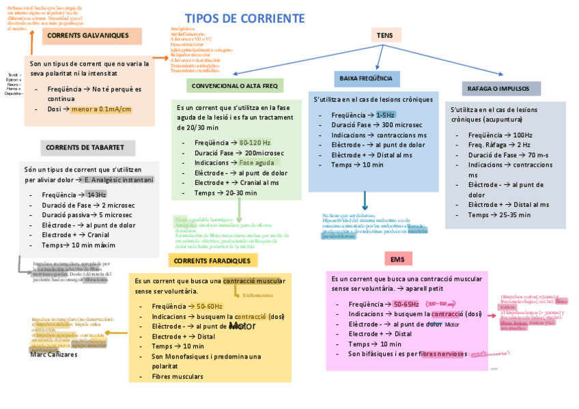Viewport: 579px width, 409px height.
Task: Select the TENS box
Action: click(x=380, y=36)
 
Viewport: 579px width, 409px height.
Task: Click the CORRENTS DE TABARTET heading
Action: click(x=85, y=147)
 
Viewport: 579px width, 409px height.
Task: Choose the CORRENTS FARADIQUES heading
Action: click(x=212, y=261)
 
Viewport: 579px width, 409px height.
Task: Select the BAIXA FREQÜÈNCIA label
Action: click(x=366, y=79)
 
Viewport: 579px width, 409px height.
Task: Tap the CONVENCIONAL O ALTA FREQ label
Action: click(x=234, y=86)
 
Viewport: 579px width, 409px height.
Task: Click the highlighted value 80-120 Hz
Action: click(x=255, y=143)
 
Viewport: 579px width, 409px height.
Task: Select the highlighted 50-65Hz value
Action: click(x=406, y=304)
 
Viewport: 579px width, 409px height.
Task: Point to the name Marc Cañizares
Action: click(x=54, y=355)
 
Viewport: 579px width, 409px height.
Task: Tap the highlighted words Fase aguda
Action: click(x=257, y=163)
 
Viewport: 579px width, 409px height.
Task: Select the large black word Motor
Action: click(x=242, y=326)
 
